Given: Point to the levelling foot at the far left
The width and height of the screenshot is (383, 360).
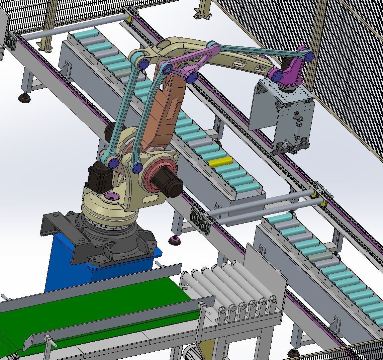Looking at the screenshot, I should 24,98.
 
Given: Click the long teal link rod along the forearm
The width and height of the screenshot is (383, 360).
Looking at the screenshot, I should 261,50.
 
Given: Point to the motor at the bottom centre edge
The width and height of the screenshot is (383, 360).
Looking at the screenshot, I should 191,353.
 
